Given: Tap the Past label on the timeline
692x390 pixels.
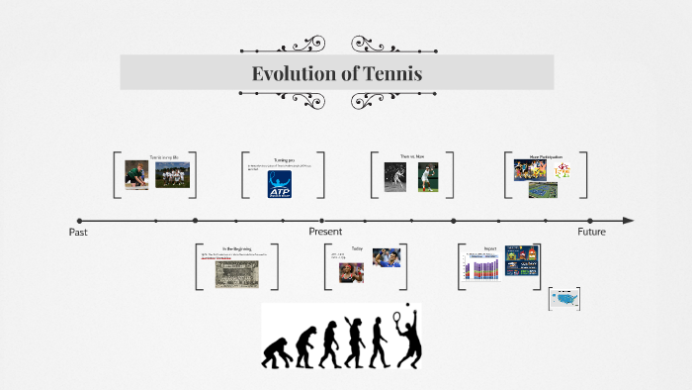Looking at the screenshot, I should [79, 232].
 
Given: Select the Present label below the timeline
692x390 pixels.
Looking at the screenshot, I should [324, 232].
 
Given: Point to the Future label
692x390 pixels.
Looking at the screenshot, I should [591, 232].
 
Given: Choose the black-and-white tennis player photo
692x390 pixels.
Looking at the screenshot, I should [398, 177].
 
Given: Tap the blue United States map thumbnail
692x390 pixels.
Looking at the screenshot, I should [564, 298].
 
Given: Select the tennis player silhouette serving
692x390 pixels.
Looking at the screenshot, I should [406, 337].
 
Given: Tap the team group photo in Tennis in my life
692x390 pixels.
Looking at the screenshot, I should [173, 175].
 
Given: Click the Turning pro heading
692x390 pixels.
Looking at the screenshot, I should [285, 158].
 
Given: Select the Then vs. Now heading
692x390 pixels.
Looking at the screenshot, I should [411, 157].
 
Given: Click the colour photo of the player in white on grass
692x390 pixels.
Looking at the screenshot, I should [427, 177].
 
